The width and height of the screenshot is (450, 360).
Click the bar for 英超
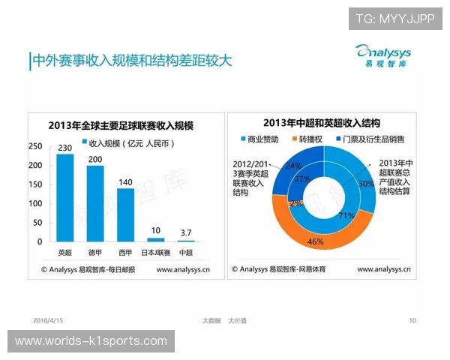point(65,197)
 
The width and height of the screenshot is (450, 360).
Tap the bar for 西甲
point(125,214)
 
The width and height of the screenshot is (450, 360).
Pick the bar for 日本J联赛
point(156,239)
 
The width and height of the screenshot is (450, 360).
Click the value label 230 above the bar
point(65,147)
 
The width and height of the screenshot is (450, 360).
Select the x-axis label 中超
point(186,252)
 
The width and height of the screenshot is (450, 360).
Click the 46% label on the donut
point(316,242)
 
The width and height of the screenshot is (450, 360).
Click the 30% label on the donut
point(365,183)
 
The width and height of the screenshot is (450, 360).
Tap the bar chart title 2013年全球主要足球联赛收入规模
point(120,124)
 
